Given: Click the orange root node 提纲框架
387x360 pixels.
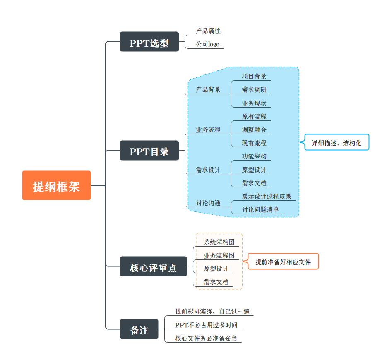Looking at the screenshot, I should [x=56, y=185].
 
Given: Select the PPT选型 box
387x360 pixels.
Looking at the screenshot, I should [x=149, y=42].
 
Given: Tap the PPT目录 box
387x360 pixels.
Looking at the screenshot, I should [x=149, y=151].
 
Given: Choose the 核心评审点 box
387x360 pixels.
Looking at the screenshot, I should [x=153, y=266].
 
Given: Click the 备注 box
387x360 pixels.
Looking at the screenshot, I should [x=139, y=329].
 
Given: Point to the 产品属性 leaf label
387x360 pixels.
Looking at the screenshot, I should [x=208, y=31].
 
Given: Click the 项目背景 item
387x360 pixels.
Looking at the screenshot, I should [x=254, y=76].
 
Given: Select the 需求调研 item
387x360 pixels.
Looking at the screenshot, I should [x=254, y=90].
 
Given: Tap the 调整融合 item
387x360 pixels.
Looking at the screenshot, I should [x=254, y=130].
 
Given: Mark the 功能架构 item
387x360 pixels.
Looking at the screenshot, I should [x=254, y=156].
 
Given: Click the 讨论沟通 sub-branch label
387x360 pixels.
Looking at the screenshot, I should [x=208, y=203].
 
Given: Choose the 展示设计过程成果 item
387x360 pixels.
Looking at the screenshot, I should [x=267, y=196].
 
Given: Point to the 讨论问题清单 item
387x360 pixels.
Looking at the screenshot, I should [x=260, y=210].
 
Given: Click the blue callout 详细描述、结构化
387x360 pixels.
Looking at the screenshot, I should [x=337, y=143].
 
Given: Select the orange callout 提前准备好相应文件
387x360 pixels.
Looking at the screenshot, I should [x=283, y=262].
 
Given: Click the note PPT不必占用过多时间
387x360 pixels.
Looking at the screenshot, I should [x=206, y=325].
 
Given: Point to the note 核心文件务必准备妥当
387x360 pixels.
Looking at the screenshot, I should [x=206, y=338].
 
